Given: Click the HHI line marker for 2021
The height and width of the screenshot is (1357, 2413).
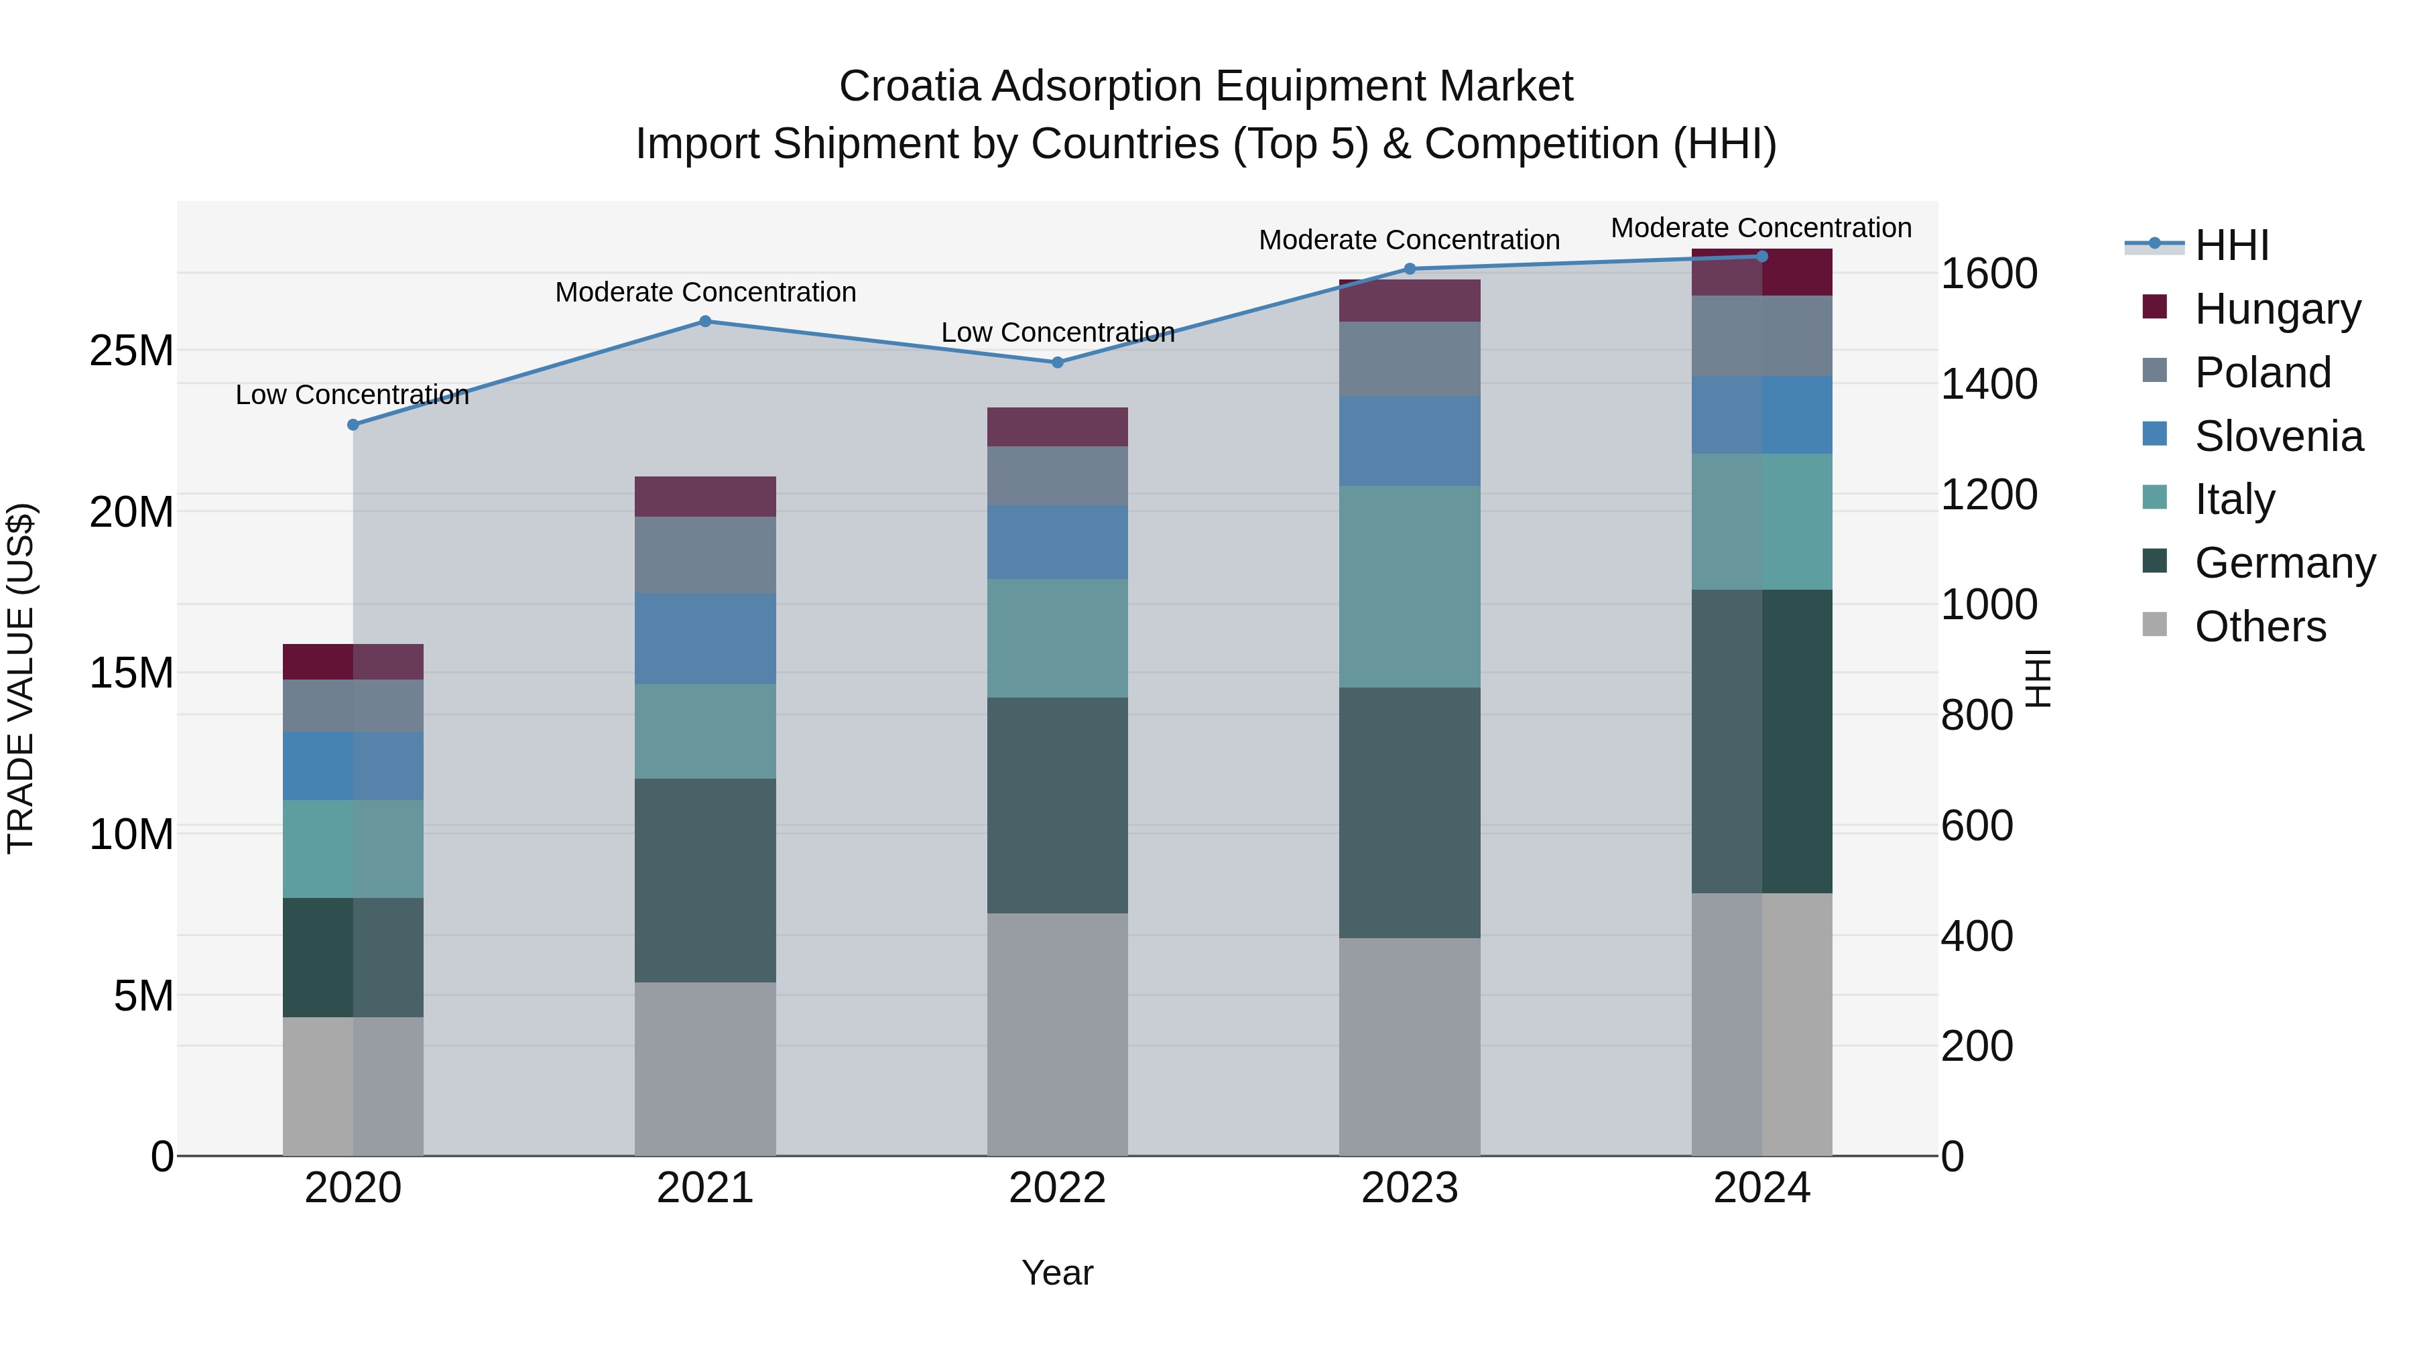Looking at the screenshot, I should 705,321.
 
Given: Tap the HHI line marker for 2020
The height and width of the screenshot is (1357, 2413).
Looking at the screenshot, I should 353,424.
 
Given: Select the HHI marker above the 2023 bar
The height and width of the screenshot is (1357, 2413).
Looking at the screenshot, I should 1409,269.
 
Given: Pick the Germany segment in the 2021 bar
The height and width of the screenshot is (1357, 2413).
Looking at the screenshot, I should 704,881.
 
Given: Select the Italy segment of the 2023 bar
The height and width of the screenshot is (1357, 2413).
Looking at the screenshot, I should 1409,586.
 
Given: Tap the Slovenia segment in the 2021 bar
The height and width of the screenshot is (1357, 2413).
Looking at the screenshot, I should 704,638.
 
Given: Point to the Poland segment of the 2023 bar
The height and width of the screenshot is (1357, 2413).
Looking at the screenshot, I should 1409,359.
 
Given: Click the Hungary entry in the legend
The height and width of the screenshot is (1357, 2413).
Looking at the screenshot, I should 2276,309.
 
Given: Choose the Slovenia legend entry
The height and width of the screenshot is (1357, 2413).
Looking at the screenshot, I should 2278,436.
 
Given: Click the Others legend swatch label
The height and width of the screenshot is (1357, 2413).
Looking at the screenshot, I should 2260,627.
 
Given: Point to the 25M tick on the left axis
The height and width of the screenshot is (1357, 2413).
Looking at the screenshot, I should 131,350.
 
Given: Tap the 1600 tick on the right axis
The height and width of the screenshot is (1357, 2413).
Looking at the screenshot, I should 1988,273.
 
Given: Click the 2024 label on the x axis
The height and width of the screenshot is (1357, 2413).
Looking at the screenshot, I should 1761,1188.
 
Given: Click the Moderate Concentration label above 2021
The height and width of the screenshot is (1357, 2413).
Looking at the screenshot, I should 705,292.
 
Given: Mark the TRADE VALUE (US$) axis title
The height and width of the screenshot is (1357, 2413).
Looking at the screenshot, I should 21,678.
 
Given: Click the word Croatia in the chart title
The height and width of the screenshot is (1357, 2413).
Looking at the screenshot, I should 909,86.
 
